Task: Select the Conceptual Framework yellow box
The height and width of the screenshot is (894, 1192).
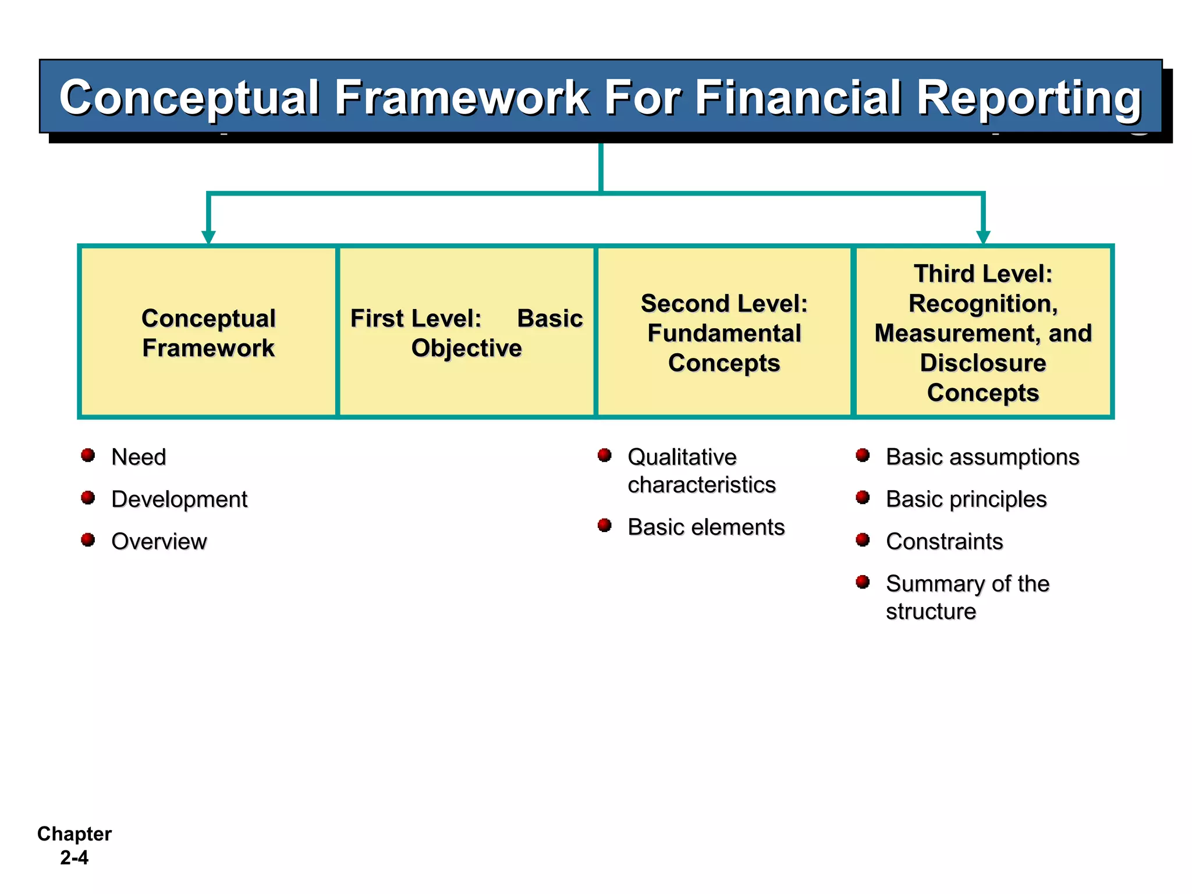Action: tap(208, 332)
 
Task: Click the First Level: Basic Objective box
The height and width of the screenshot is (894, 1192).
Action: tap(466, 332)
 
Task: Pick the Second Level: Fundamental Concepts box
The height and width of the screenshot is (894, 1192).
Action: tap(724, 332)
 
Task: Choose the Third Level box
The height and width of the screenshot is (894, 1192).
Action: tap(982, 332)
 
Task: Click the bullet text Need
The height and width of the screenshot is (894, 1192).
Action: tap(139, 457)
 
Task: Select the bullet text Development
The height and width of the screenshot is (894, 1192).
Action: tap(179, 499)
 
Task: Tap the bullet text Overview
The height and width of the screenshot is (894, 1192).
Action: tap(159, 541)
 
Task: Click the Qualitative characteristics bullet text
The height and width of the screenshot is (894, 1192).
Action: tap(701, 470)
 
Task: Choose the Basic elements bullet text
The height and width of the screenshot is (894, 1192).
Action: tap(706, 527)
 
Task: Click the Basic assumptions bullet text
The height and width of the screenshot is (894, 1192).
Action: tap(982, 457)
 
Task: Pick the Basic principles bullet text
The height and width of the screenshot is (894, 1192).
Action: tap(966, 499)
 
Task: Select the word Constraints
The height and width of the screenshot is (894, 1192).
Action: tap(944, 541)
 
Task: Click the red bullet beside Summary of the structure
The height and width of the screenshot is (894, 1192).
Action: tap(863, 582)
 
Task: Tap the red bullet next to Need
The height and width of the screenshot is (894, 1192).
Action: tap(88, 455)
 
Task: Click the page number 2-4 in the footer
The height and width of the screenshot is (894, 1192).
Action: tap(74, 858)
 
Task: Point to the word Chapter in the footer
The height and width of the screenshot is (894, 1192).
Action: tap(74, 834)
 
